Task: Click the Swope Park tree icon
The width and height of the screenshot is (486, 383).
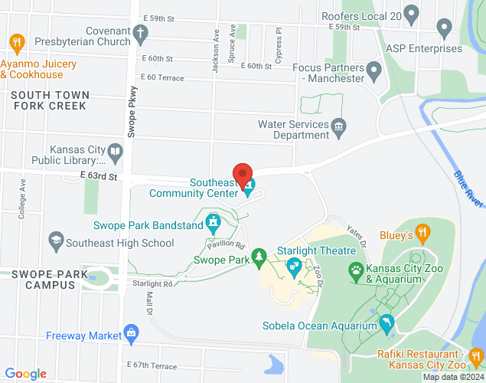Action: (x=259, y=255)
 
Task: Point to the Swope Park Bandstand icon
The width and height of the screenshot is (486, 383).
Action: (x=214, y=224)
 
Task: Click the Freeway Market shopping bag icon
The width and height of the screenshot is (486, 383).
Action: (x=132, y=334)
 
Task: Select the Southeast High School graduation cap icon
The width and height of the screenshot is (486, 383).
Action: (x=55, y=242)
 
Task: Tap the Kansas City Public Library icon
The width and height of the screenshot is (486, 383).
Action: (x=115, y=150)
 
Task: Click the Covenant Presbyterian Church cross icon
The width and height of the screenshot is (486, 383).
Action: (x=139, y=33)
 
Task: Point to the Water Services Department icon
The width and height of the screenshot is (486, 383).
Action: (x=338, y=125)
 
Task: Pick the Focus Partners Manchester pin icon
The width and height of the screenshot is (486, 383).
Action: (x=374, y=73)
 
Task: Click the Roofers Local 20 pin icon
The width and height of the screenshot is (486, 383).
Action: (x=412, y=13)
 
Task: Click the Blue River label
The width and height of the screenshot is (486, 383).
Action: (x=468, y=188)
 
